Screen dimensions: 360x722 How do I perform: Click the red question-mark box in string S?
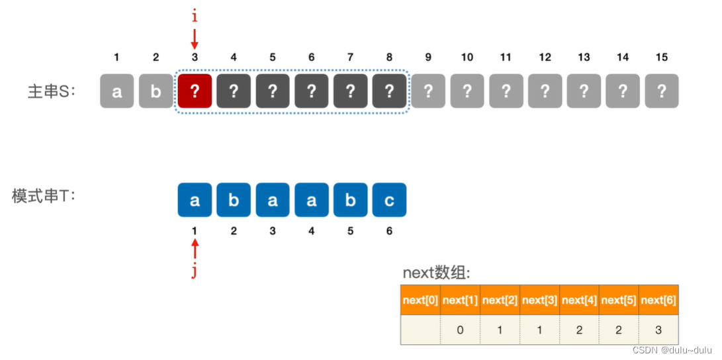pyautogui.click(x=195, y=91)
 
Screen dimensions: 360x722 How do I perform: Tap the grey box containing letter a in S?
pyautogui.click(x=116, y=91)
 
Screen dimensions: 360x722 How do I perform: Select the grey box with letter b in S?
pyautogui.click(x=156, y=91)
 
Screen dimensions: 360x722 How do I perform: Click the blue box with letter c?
pyautogui.click(x=389, y=200)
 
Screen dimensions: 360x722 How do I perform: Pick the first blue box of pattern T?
pyautogui.click(x=195, y=200)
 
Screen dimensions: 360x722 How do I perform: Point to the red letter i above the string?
pyautogui.click(x=195, y=15)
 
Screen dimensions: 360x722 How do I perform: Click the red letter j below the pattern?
pyautogui.click(x=195, y=271)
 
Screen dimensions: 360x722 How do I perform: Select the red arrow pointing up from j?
pyautogui.click(x=195, y=250)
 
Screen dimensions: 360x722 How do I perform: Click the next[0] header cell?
pyautogui.click(x=420, y=300)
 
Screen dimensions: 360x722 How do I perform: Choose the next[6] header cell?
pyautogui.click(x=658, y=300)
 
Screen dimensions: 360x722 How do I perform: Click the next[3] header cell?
pyautogui.click(x=539, y=300)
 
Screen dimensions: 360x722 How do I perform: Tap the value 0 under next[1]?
pyautogui.click(x=460, y=330)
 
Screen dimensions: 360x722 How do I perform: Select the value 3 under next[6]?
pyautogui.click(x=658, y=330)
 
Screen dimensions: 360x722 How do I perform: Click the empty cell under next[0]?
pyautogui.click(x=420, y=330)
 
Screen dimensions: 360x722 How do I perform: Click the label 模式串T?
pyautogui.click(x=44, y=196)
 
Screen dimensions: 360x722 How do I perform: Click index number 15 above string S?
pyautogui.click(x=662, y=58)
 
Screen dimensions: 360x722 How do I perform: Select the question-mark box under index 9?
pyautogui.click(x=428, y=91)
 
